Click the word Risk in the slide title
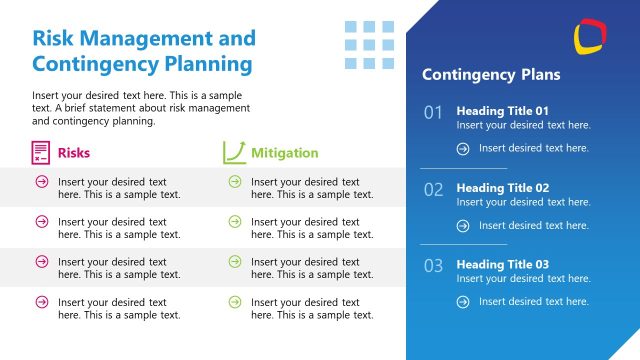(x=56, y=38)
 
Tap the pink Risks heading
(x=74, y=153)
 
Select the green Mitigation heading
(x=284, y=153)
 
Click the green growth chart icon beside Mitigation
(x=234, y=152)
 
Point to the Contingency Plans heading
(x=491, y=75)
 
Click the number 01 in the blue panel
(x=433, y=113)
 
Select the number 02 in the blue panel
(x=433, y=190)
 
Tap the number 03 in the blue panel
(x=433, y=266)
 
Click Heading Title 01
(x=503, y=110)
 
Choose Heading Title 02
(x=503, y=187)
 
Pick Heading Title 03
(x=503, y=264)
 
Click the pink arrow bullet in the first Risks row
(x=41, y=181)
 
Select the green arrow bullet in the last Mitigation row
(x=234, y=301)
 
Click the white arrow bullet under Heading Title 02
(x=463, y=225)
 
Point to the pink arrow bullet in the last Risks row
(x=41, y=301)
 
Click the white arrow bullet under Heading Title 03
(x=463, y=302)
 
